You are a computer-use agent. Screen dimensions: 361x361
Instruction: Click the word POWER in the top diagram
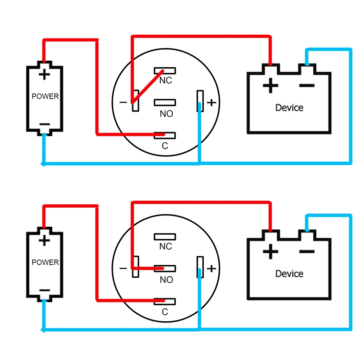click(45, 96)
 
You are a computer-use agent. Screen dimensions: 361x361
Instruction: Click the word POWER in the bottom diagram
click(45, 262)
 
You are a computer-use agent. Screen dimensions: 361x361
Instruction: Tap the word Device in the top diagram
click(290, 108)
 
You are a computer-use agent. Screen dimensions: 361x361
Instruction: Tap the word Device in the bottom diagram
click(290, 274)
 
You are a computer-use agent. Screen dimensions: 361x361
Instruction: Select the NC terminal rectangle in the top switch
click(165, 71)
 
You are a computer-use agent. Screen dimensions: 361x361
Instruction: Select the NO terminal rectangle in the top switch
click(165, 103)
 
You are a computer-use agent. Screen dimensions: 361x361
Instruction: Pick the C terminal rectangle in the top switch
click(165, 135)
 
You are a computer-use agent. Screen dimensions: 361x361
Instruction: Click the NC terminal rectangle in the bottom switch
click(165, 237)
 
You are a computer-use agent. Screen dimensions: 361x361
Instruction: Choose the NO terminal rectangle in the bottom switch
click(165, 269)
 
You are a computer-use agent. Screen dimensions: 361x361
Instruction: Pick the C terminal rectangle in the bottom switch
click(165, 301)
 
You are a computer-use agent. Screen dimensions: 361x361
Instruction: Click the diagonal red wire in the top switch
click(148, 87)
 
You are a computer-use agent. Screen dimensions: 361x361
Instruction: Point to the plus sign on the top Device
click(270, 86)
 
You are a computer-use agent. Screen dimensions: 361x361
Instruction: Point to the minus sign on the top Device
click(307, 86)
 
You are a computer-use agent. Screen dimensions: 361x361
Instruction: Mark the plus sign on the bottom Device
click(270, 251)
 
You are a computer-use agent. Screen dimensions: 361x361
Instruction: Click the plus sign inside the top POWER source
click(44, 74)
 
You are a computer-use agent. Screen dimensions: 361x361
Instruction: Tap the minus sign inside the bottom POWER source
click(44, 290)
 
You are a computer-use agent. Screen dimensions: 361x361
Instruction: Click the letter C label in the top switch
click(165, 146)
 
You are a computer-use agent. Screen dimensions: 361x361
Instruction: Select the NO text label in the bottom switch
click(166, 280)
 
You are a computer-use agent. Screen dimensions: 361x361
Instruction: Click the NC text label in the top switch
click(166, 81)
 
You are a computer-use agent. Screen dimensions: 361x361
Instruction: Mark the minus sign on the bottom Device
click(307, 252)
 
